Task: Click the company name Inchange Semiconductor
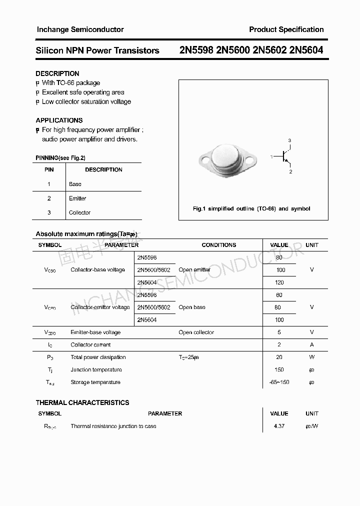80,29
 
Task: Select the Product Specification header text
286,29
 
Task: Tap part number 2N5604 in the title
306,50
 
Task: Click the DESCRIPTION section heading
57,73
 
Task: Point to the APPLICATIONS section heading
59,120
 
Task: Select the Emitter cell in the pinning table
77,198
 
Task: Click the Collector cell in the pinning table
79,212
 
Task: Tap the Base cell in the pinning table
75,184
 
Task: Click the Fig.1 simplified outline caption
251,208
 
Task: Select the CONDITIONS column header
218,245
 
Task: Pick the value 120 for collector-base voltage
279,282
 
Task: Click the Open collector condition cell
196,332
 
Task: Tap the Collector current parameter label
90,345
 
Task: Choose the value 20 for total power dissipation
279,357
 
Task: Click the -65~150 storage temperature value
279,382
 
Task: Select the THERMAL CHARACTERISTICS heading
82,402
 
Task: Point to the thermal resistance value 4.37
279,426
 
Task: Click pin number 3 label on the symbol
289,140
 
